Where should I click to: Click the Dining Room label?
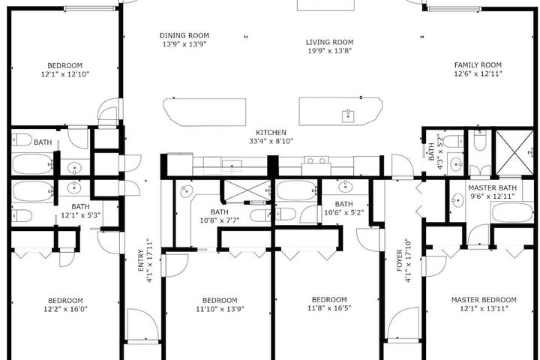point(184,35)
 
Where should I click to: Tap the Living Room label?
point(329,42)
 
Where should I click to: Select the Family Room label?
point(478,65)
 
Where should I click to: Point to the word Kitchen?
point(271,132)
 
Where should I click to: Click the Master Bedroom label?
point(484,300)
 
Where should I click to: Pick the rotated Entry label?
point(140,260)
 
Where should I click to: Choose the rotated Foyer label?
point(400,260)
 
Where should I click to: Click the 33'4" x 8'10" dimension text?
point(271,141)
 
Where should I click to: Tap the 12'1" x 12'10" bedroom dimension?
point(65,74)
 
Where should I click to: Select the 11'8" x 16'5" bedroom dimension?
point(329,308)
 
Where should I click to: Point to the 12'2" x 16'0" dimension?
point(65,309)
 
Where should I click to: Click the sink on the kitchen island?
point(348,115)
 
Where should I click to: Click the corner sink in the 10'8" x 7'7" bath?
point(187,190)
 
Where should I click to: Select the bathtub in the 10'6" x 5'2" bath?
point(296,190)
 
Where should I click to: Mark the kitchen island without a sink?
point(205,112)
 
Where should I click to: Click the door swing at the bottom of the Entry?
point(143,325)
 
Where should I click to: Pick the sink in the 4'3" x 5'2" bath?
point(457,164)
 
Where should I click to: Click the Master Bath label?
point(493,188)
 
